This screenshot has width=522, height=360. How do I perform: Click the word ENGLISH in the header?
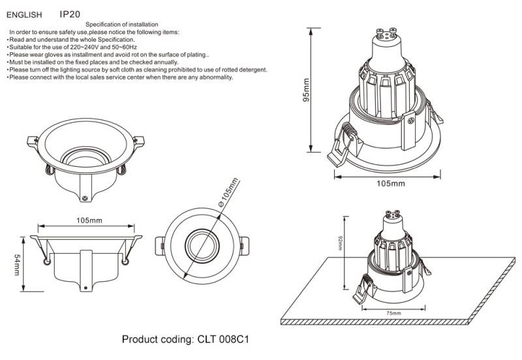[x=24, y=14]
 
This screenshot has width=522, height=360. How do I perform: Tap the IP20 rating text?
[x=70, y=14]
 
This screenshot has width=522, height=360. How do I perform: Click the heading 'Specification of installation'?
[x=121, y=24]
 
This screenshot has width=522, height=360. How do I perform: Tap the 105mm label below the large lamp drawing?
[x=391, y=183]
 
